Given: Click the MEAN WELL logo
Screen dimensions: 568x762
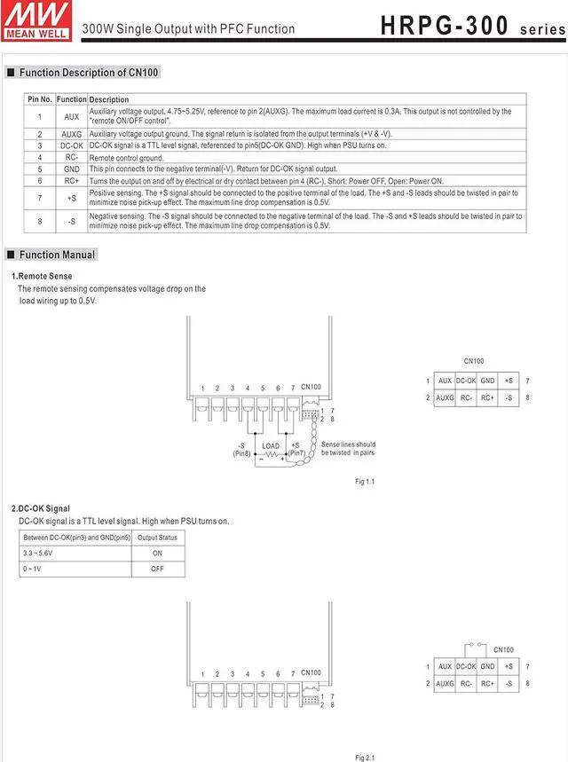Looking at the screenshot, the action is pos(36,20).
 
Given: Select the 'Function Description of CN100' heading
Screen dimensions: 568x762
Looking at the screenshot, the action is pos(83,73).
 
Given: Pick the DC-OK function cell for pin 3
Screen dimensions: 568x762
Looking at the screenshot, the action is pos(72,145).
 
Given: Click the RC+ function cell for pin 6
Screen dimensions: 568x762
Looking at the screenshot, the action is pos(72,180).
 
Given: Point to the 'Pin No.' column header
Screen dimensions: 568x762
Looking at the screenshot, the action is pos(40,99).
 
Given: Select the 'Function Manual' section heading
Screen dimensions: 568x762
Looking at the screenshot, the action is pos(56,255).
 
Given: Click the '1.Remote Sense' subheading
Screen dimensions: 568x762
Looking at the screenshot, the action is pos(42,277).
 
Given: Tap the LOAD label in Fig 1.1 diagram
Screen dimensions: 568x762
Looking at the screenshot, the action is pos(271,446).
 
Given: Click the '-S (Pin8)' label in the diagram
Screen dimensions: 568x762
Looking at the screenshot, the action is pos(241,449).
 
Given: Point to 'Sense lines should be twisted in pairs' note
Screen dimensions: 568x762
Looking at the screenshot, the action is pos(348,449).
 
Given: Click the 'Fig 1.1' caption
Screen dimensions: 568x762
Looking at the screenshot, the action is pos(365,481).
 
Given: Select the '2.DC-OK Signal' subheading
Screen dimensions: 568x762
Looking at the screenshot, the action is pos(41,508).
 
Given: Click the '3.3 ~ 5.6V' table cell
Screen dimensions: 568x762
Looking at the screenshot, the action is pos(38,553).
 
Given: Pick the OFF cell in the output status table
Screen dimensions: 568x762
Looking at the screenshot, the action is pos(157,569).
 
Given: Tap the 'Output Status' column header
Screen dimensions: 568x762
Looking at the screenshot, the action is pos(157,538).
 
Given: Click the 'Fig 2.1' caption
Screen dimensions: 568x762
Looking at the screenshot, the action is pos(365,757).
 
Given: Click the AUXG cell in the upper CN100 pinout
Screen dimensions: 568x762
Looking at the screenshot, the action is pos(445,397).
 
